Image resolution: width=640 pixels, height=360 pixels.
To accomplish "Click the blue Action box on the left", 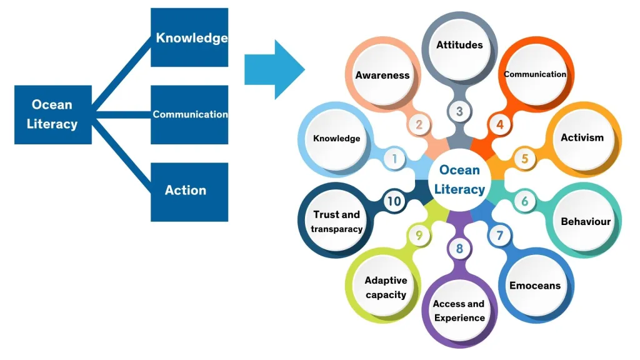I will coord(189,191).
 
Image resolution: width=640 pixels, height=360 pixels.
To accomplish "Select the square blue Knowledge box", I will coord(189,37).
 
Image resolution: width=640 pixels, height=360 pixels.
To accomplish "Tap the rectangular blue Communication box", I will coord(189,114).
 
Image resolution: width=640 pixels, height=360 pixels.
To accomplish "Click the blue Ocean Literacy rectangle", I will coord(52,114).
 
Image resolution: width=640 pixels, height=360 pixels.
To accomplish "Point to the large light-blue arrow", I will coord(274,69).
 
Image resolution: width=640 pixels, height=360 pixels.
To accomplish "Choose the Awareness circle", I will coord(382,75).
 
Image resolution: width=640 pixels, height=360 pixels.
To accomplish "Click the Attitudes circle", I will coord(459,45).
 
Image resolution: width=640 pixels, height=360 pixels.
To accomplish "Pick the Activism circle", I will coord(582,137).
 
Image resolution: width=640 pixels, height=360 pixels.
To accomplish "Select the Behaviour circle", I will coord(585,221).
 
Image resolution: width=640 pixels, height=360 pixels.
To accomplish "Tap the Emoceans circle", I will coord(535,286).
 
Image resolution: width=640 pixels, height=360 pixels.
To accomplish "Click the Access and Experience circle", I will coord(459,311).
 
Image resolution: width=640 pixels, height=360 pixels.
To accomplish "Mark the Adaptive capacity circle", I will coord(386,287).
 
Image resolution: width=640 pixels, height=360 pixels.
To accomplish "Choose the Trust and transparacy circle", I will coord(337,221).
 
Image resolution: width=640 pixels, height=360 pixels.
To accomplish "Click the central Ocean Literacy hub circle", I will coord(459,180).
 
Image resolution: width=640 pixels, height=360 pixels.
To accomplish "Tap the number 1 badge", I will coord(394,159).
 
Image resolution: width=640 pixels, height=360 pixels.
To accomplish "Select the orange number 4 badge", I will coord(500,124).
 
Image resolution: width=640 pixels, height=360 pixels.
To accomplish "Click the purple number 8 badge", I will coord(459,249).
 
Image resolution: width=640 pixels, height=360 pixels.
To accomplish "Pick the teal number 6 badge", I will coord(525,201).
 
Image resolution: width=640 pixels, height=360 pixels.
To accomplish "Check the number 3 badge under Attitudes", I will coord(459,112).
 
